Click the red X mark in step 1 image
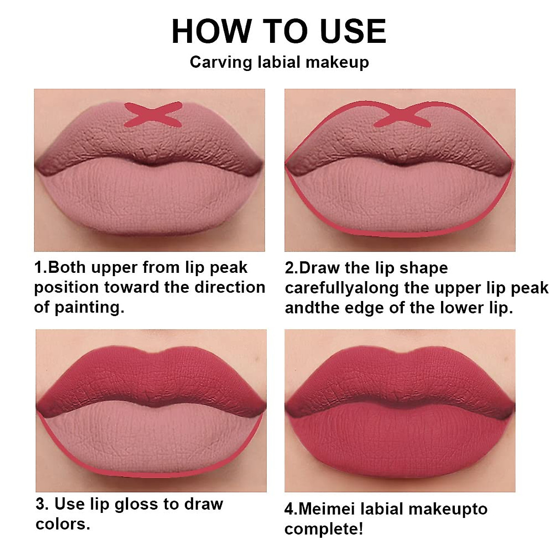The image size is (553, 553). (x=153, y=114)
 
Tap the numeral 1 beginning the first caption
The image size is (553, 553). (x=38, y=268)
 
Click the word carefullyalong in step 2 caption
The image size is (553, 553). (x=341, y=288)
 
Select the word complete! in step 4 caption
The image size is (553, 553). (x=324, y=529)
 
